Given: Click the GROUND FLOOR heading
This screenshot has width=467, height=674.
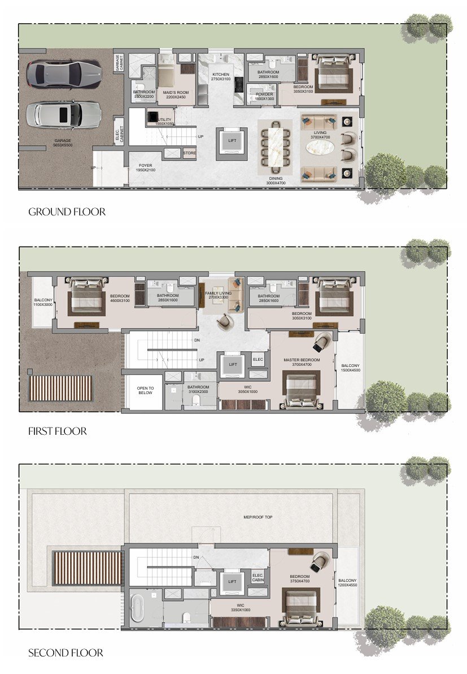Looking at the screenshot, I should (x=67, y=212).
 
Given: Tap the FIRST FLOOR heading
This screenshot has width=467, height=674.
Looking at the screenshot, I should (x=57, y=431).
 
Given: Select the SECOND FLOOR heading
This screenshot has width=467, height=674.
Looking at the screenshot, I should (x=66, y=653).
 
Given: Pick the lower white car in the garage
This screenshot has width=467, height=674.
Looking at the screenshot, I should (x=63, y=115).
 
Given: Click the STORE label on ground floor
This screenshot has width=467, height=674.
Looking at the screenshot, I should (x=189, y=153).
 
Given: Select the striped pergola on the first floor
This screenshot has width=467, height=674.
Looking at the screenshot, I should (x=60, y=388).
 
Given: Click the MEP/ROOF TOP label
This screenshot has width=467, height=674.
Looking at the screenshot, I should (x=257, y=517).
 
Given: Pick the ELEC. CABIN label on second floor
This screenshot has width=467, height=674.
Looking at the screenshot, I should (x=259, y=578).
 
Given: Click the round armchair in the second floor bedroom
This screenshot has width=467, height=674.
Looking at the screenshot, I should (x=319, y=562).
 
